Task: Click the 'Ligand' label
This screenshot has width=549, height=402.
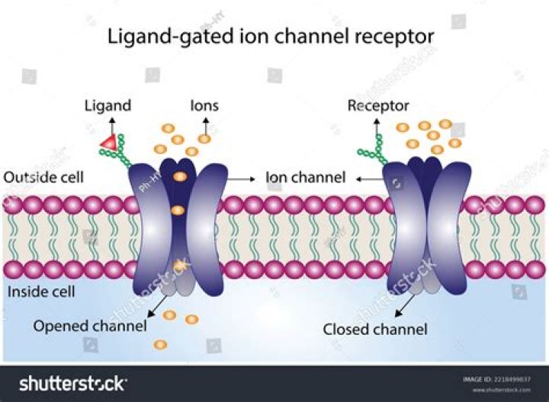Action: pyautogui.click(x=108, y=105)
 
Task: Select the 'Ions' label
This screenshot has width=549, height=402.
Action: pyautogui.click(x=204, y=105)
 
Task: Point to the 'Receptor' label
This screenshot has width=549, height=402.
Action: pyautogui.click(x=378, y=105)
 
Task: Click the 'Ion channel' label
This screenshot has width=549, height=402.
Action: pyautogui.click(x=305, y=178)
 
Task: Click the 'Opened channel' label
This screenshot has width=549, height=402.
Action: pyautogui.click(x=89, y=326)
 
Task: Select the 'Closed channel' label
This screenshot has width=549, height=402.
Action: pyautogui.click(x=375, y=330)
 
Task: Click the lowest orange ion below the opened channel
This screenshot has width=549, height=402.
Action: pyautogui.click(x=160, y=345)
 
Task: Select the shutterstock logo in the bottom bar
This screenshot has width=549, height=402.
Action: pyautogui.click(x=73, y=383)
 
